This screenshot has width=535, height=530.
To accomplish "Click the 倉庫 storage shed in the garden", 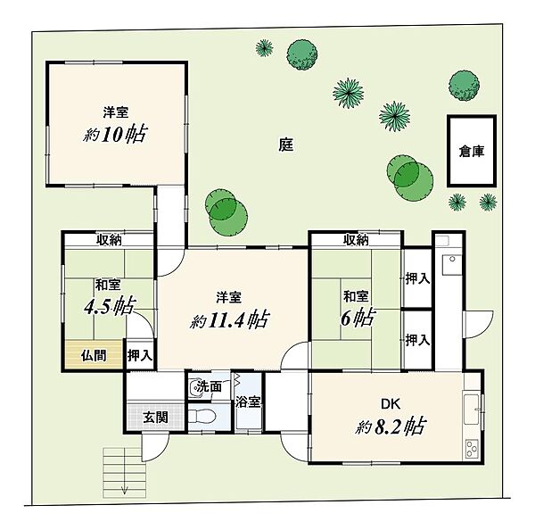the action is click(x=472, y=151).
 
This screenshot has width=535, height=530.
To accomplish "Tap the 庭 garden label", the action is click(x=286, y=145).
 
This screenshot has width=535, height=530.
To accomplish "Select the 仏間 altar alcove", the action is click(x=94, y=354).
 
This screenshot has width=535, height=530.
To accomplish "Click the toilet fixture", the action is click(x=202, y=417).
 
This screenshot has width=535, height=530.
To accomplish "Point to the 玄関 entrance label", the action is click(x=155, y=417).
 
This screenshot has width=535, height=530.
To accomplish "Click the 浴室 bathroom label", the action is click(x=248, y=402).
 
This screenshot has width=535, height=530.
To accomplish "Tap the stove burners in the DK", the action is click(x=472, y=448).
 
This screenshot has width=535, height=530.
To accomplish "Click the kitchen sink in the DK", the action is click(x=472, y=410).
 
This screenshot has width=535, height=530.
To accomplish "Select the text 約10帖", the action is click(x=115, y=134).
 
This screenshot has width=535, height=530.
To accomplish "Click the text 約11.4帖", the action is click(x=230, y=320).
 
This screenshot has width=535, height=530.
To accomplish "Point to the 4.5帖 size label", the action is click(x=110, y=306).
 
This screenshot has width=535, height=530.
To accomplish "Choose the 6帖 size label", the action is click(x=358, y=318).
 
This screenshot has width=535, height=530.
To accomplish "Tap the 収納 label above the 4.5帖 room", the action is click(x=109, y=240).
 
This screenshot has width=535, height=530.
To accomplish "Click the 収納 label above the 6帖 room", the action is click(x=356, y=240).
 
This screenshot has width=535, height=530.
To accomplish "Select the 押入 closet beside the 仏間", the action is click(x=140, y=355).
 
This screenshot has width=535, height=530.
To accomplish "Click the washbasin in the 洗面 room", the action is click(x=195, y=388).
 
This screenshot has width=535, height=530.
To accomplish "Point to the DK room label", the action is click(x=391, y=404).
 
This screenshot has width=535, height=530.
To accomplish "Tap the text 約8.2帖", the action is click(x=391, y=426).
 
